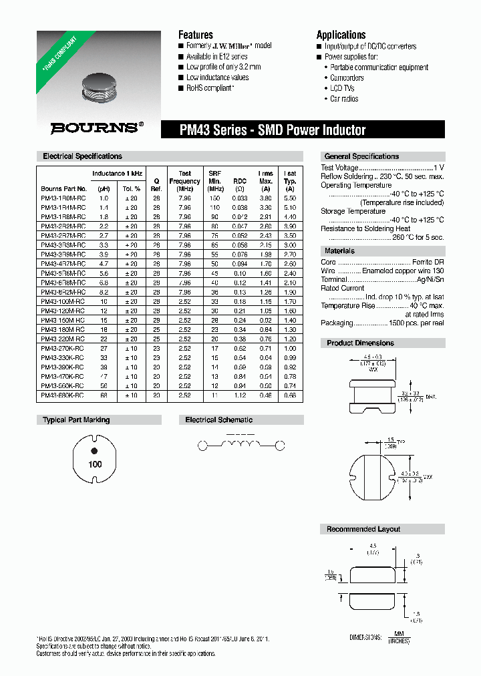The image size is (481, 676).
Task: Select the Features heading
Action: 196,35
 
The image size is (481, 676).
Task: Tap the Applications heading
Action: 341,35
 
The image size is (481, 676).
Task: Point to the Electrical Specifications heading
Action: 82,156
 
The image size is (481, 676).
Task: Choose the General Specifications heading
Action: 361,156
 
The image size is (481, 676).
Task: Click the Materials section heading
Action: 339,251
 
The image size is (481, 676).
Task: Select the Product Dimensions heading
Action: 360,343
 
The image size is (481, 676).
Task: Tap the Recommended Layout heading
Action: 363,529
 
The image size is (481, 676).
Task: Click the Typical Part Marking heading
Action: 76,420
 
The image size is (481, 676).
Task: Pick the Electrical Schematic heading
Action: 218,420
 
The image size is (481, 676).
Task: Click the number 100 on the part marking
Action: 95,464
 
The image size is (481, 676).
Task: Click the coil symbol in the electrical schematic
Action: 240,445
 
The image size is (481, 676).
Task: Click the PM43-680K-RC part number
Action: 63,395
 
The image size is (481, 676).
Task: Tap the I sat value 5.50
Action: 290,198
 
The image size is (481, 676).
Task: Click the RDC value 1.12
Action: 239,395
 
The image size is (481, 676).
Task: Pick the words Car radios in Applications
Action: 344,99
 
